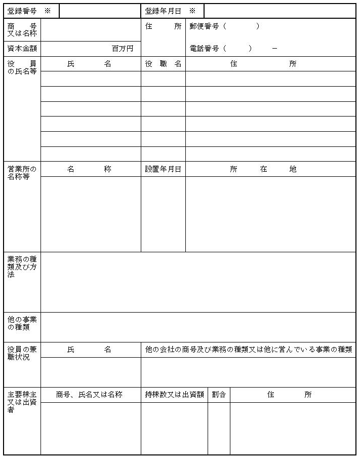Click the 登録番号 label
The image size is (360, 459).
(22, 11)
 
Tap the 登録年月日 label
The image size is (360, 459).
(163, 11)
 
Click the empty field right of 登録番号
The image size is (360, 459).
(100, 11)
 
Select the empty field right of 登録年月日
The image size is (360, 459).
(279, 11)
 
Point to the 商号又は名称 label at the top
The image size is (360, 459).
(22, 30)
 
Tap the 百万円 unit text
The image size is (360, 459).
(123, 49)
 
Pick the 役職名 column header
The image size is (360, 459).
(163, 64)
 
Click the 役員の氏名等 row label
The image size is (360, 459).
(22, 67)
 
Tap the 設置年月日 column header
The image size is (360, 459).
(163, 169)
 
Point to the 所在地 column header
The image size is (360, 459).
(263, 169)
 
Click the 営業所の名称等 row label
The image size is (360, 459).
(22, 173)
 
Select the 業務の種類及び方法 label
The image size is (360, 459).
(22, 266)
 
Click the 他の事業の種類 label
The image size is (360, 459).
(22, 323)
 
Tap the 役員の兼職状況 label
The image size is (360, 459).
(22, 353)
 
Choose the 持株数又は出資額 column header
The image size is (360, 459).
(174, 395)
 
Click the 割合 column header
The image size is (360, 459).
(219, 395)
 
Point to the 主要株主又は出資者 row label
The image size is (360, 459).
(22, 401)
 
